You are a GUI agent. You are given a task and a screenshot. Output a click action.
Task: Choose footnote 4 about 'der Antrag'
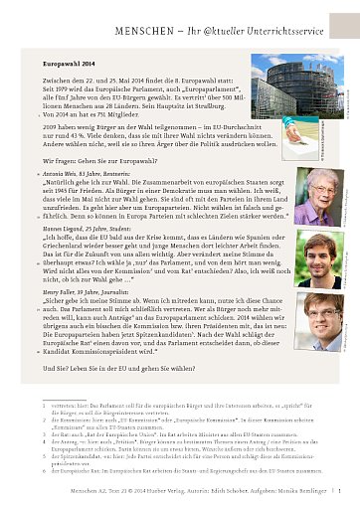click(179, 444)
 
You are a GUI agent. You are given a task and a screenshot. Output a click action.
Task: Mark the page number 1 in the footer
click(340, 490)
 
